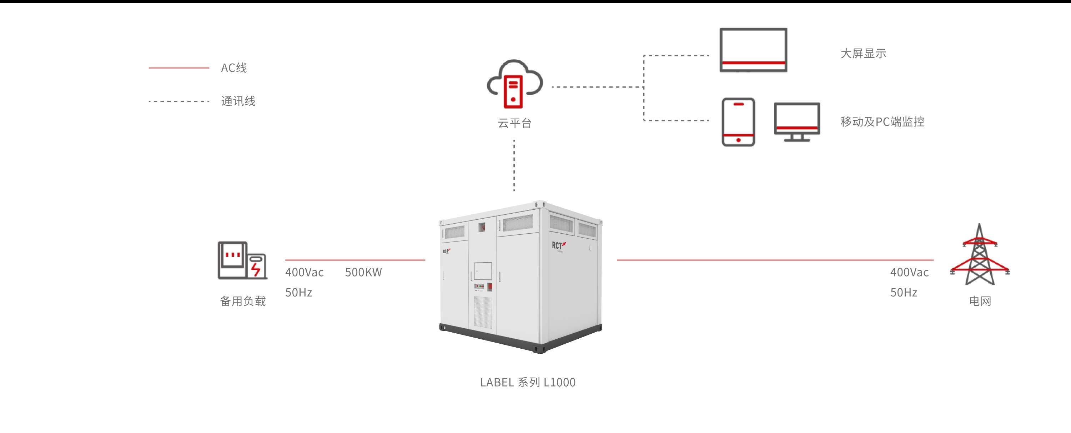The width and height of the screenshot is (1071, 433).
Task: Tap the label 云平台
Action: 515,123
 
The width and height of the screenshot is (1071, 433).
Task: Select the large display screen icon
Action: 753,50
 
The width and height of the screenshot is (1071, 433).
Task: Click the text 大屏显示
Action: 863,54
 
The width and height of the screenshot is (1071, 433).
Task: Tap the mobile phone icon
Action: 738,122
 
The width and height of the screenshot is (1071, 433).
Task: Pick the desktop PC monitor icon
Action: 796,121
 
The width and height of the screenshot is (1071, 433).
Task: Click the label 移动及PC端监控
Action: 882,122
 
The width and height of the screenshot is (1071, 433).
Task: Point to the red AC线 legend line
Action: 179,68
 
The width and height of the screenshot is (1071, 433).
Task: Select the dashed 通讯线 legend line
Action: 179,101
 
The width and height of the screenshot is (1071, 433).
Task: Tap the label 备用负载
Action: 243,301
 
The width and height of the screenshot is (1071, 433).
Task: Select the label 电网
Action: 980,301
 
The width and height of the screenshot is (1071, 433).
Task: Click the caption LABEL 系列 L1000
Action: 528,382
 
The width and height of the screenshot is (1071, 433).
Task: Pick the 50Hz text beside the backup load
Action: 298,292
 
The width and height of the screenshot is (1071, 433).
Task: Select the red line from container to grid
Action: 773,260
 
